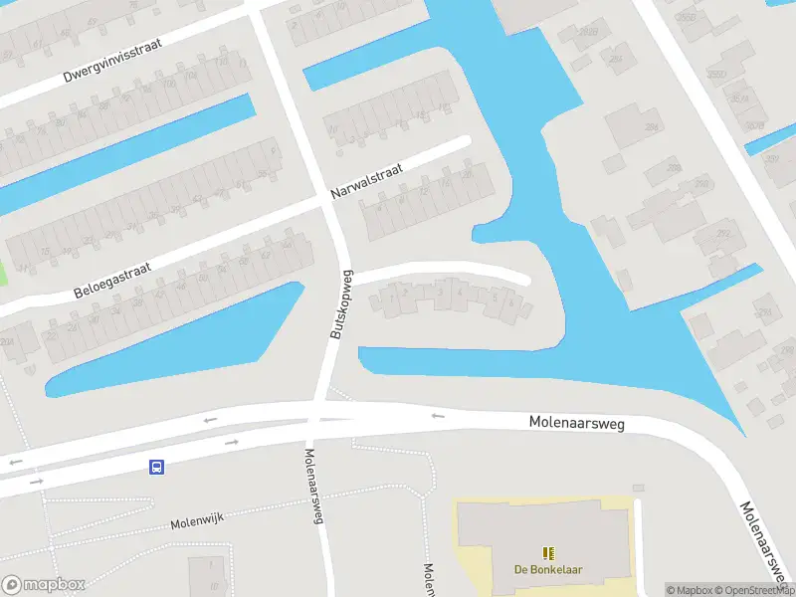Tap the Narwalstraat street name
pos(370,182)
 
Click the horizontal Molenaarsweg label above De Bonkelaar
pos(576,424)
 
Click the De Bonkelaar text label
pos(547,570)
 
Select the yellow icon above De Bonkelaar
pos(547,552)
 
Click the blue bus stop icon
pos(156,467)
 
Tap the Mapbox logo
pos(44,584)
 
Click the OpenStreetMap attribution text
pos(755,589)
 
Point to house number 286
pos(676,168)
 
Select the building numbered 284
pos(653,127)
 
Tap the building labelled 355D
pos(715,75)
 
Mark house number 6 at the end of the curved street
pos(511,301)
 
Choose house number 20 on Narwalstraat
pos(468,175)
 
